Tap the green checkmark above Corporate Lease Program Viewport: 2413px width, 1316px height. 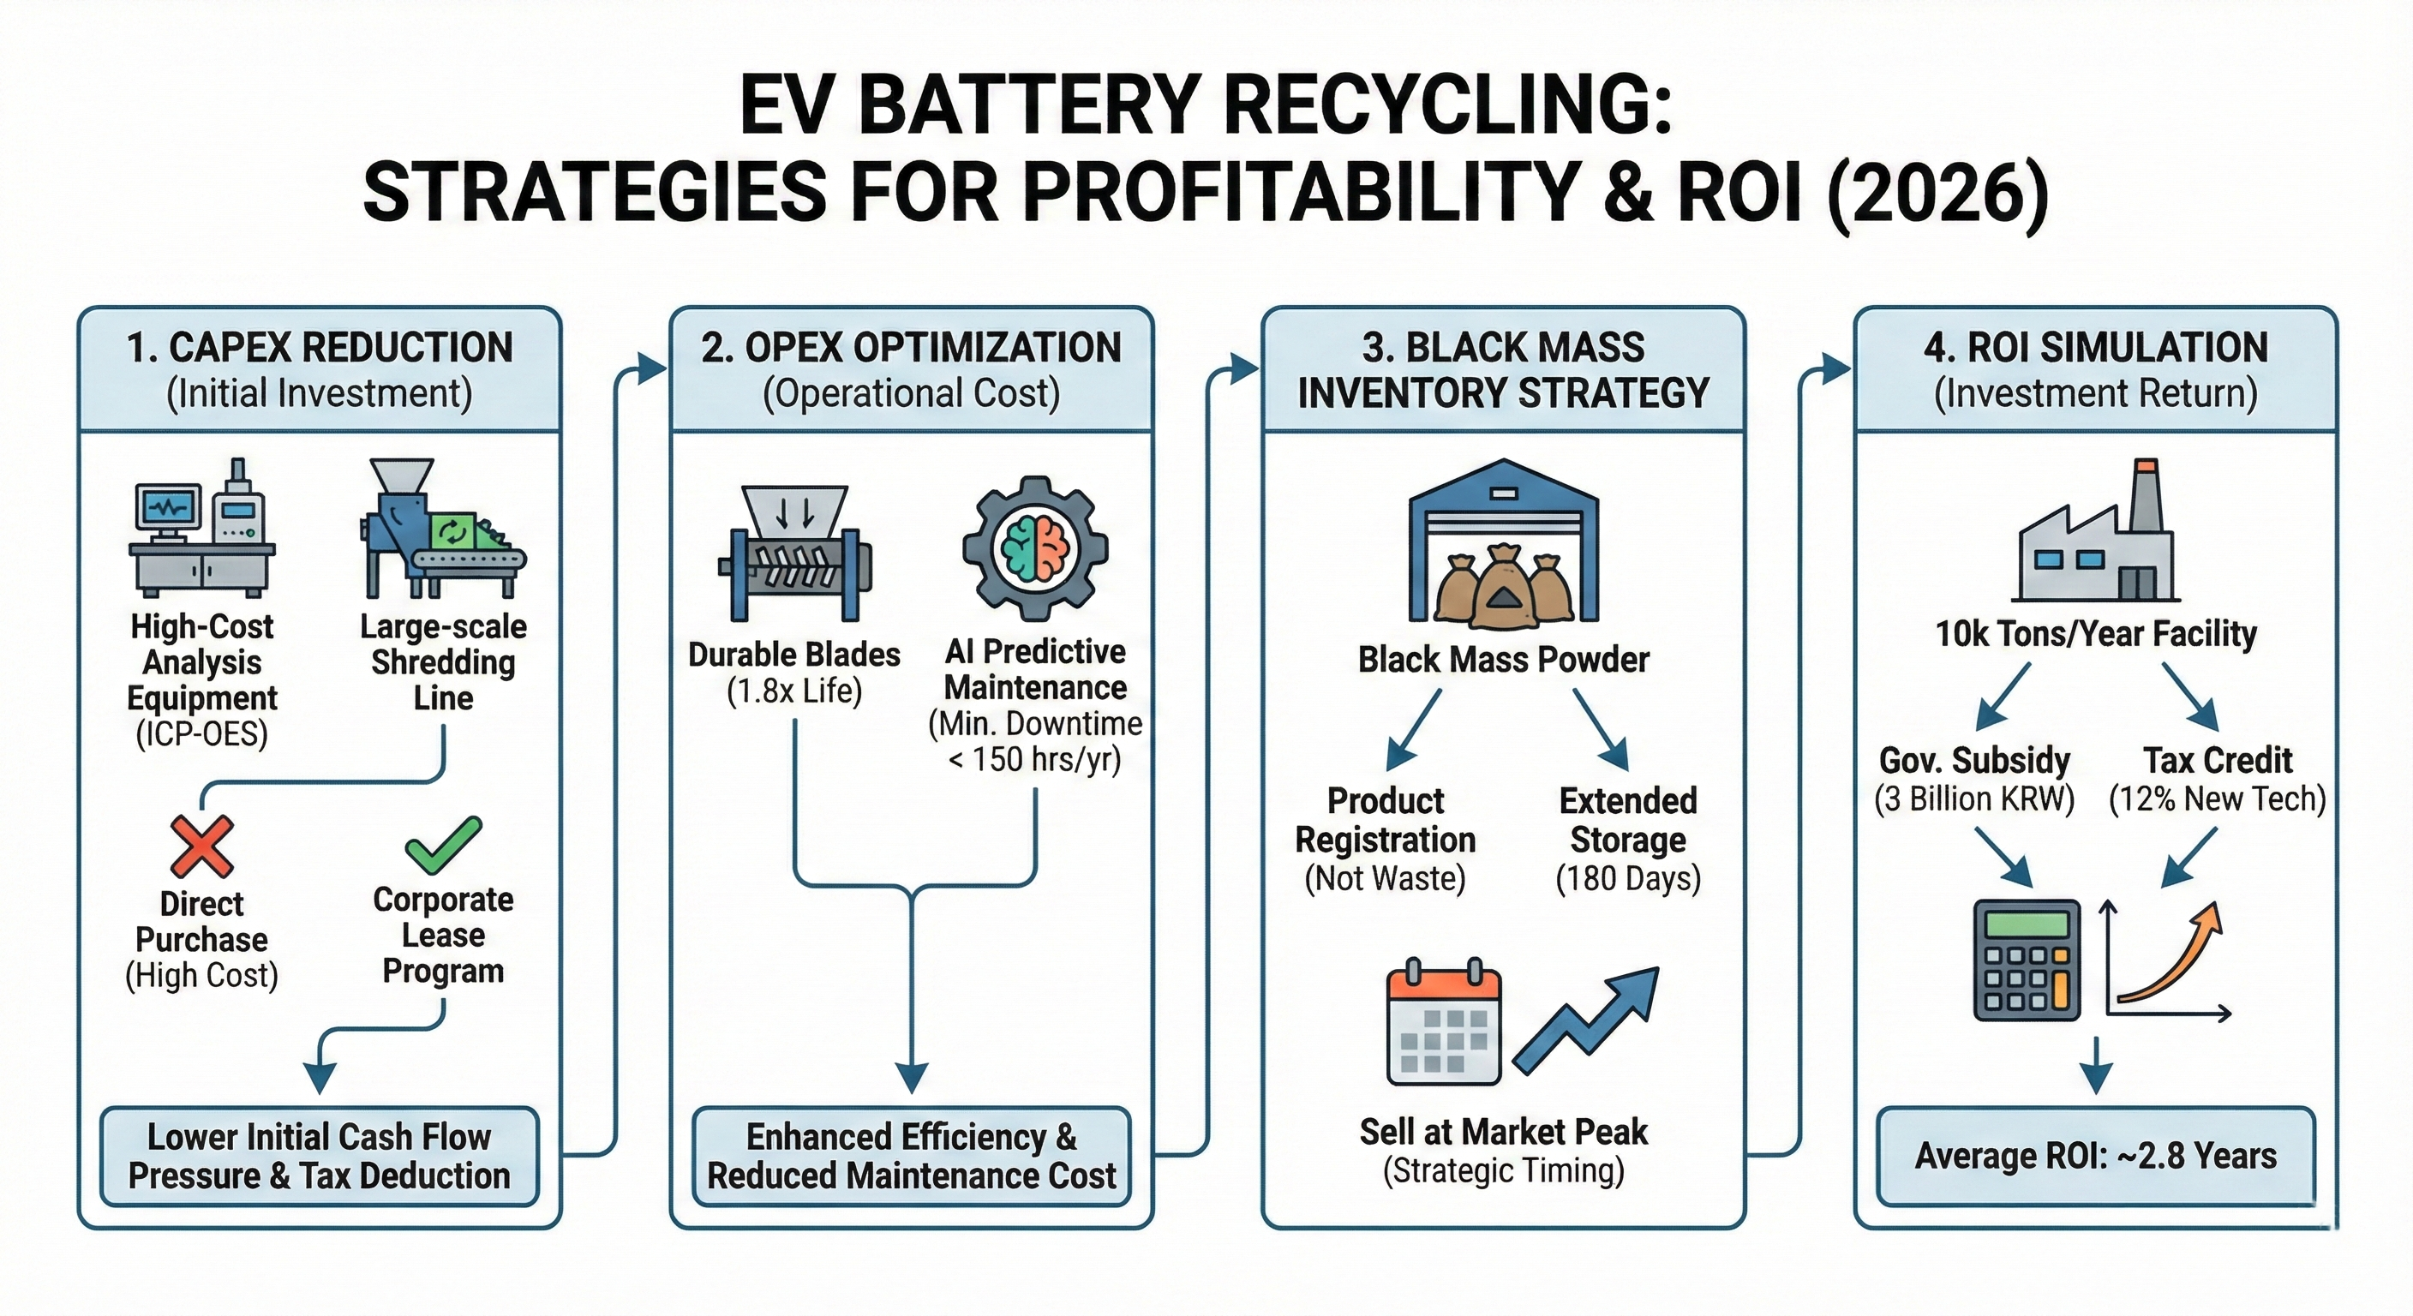click(x=443, y=843)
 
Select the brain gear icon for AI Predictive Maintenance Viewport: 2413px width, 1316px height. click(x=1035, y=549)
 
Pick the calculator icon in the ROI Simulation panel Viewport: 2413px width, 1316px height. click(x=2027, y=960)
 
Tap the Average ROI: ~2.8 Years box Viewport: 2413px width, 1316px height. click(x=2095, y=1156)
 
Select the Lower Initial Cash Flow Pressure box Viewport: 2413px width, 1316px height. click(x=320, y=1156)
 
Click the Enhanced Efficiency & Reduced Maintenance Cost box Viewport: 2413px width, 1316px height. click(x=912, y=1156)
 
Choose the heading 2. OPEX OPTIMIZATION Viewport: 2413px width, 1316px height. click(x=912, y=349)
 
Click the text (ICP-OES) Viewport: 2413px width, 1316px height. click(x=202, y=734)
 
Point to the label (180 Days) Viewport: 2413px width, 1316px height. click(x=1628, y=878)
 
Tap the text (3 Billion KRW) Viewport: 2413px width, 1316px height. click(x=1974, y=799)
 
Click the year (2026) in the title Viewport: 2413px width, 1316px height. click(x=1937, y=193)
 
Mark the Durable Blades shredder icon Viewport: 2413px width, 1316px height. click(x=795, y=553)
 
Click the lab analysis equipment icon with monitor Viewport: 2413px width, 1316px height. click(x=201, y=529)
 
